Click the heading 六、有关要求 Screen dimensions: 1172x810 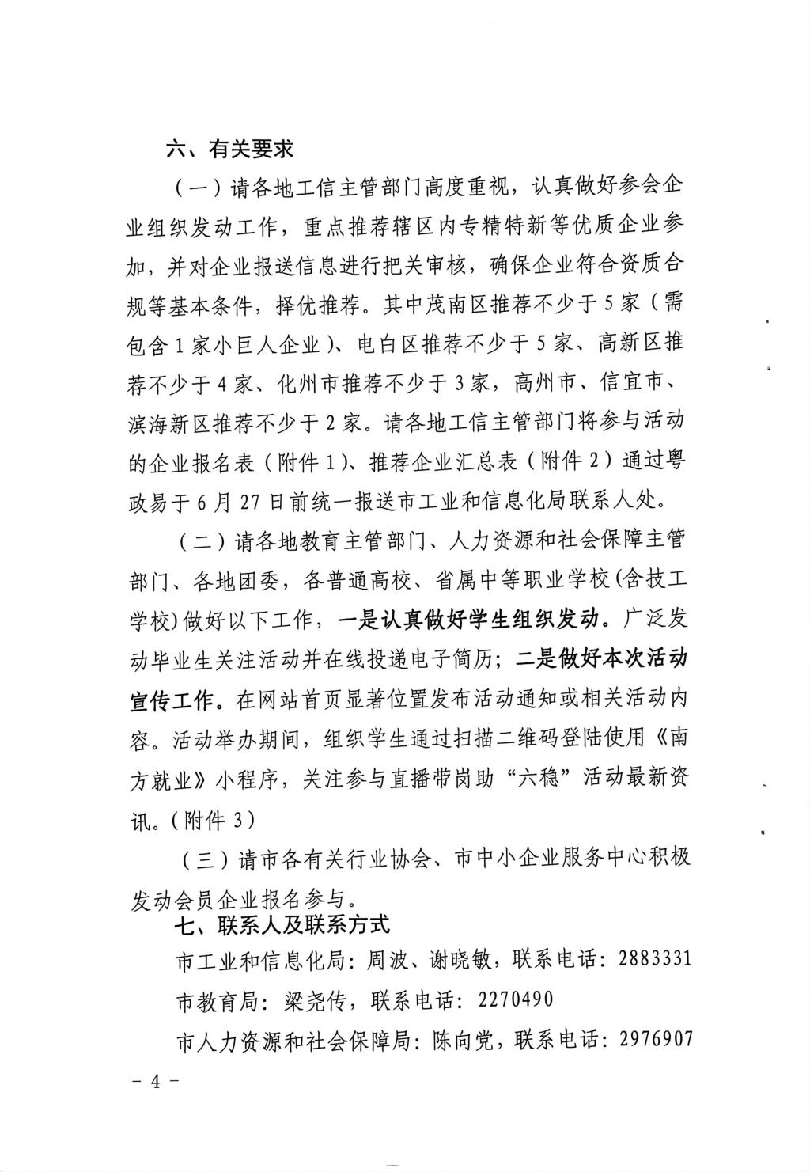(229, 149)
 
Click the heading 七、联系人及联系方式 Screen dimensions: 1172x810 (286, 924)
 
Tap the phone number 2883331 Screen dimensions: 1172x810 (655, 960)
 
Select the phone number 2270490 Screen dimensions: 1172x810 (515, 999)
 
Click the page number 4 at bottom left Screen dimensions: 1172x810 (156, 1082)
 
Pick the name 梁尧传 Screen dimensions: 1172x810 (314, 1000)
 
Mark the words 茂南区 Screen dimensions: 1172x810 (455, 305)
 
